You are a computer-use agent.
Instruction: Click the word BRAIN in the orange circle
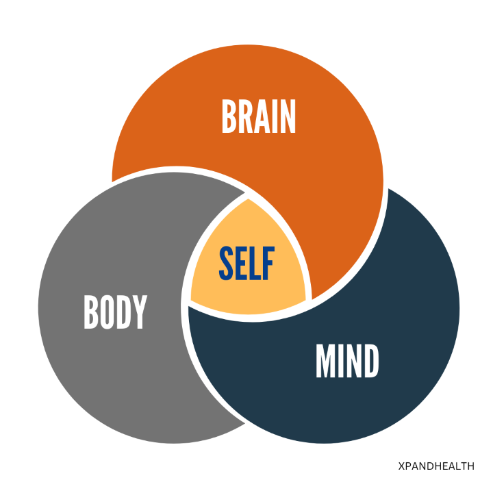pos(259,117)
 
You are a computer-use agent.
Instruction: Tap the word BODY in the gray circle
pos(115,312)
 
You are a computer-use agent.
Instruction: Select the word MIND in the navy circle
pos(347,362)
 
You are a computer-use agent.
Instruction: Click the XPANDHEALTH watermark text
pos(435,466)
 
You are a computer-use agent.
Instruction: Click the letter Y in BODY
pos(140,312)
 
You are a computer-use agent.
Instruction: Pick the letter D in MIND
pos(370,362)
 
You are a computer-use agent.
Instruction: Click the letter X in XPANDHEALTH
pos(401,466)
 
